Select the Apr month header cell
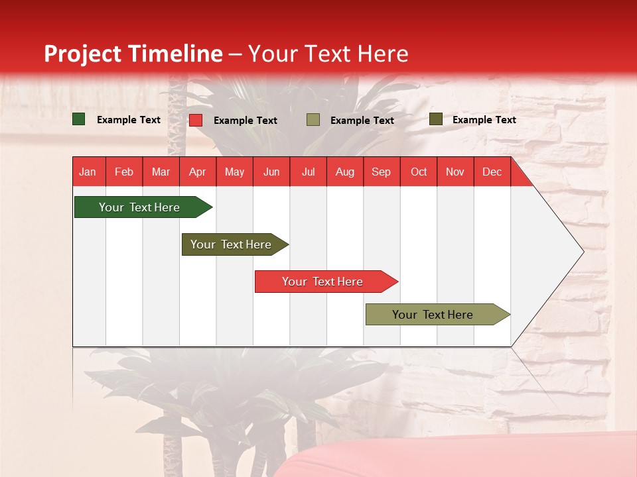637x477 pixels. click(198, 172)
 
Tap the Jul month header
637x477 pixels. click(309, 172)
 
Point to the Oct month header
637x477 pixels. click(419, 172)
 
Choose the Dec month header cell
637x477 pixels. click(492, 172)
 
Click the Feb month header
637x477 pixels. click(124, 172)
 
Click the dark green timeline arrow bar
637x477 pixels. click(143, 207)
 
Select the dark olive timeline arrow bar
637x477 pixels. click(235, 244)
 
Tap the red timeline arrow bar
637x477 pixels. click(326, 282)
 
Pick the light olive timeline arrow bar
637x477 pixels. click(438, 314)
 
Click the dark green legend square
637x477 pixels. click(78, 119)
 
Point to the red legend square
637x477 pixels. click(196, 120)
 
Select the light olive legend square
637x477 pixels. click(313, 120)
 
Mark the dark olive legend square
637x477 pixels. click(436, 119)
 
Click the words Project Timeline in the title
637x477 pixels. click(133, 54)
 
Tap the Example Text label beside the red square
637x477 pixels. click(246, 121)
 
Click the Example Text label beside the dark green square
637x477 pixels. click(128, 120)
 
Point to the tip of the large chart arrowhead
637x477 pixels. click(584, 252)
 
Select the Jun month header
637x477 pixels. click(271, 172)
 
